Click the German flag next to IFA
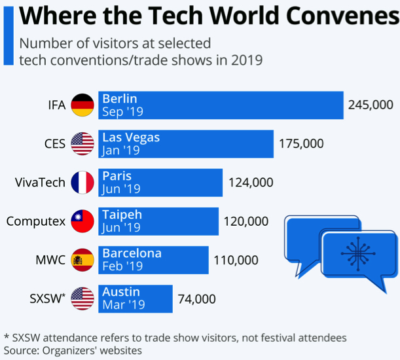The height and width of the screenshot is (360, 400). point(82,105)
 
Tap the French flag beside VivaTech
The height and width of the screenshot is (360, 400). point(82,182)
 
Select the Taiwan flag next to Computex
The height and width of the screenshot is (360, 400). point(82,221)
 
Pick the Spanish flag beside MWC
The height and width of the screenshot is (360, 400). point(82,260)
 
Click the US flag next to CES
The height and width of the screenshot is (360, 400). point(82,143)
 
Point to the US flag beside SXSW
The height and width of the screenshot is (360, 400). point(82,298)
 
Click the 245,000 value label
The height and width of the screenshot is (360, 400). point(371,105)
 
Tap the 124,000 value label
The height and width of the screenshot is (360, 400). point(251,183)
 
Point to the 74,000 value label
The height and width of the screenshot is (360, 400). point(196,298)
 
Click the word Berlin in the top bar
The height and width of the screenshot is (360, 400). point(120,99)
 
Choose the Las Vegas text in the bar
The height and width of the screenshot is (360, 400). point(131,137)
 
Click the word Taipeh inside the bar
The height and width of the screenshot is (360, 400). point(122,215)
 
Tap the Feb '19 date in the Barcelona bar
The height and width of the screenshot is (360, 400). point(122,266)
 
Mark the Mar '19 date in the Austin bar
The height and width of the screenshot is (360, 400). point(122,305)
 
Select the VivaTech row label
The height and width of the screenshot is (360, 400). point(40,183)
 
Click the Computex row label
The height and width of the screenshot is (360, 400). point(36,221)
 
